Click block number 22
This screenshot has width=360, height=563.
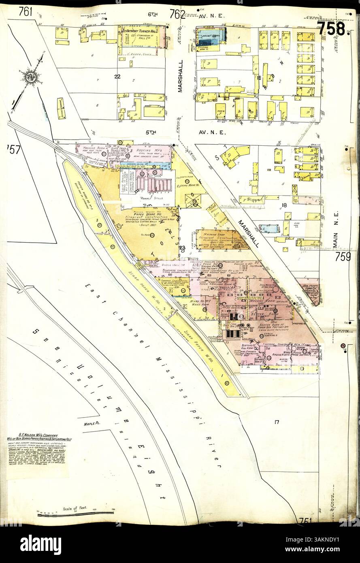[117, 77]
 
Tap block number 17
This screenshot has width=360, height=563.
[277, 422]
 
